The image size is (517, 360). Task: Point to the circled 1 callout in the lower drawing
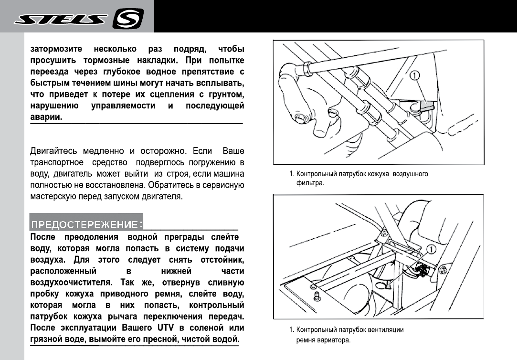click(x=431, y=249)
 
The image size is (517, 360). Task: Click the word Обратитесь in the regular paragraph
click(x=172, y=185)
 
